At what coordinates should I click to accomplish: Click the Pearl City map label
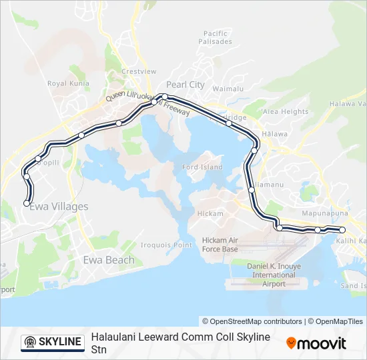coord(186,85)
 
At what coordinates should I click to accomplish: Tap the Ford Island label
coord(203,167)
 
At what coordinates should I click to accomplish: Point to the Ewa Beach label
coord(108,260)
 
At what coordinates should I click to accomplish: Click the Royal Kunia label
coord(68,84)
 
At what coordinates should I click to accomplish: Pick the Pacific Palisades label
coord(216,37)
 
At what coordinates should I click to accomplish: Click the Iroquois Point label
coord(167,245)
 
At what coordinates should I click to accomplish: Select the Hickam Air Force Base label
coord(220,245)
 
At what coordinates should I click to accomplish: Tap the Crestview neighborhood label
coord(139,71)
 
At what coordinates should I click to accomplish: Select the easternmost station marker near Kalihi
coord(342,230)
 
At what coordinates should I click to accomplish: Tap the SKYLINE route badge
coord(53,342)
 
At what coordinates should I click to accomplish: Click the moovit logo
coord(316,343)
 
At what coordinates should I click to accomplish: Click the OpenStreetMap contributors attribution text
coord(252,321)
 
